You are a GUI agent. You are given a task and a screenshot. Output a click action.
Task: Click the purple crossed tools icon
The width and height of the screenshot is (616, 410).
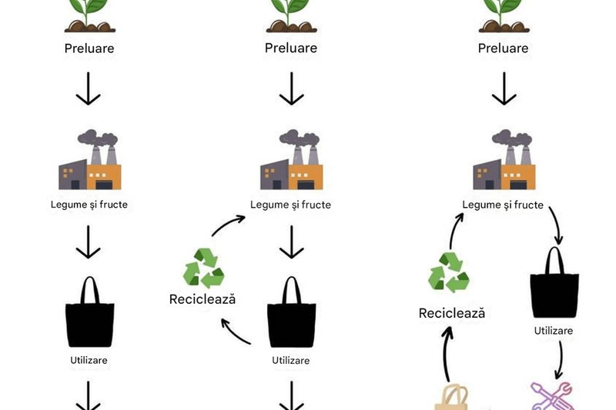pyautogui.click(x=552, y=396)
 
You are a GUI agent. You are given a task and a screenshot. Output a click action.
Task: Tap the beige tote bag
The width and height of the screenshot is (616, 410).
pyautogui.click(x=452, y=398)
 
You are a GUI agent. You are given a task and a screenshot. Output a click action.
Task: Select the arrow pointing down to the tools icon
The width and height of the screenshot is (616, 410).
pyautogui.click(x=560, y=360)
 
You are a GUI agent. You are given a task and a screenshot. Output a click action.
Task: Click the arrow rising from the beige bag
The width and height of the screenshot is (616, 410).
pyautogui.click(x=447, y=354)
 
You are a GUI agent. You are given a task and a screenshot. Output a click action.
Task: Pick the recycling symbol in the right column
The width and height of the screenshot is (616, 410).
pyautogui.click(x=449, y=272)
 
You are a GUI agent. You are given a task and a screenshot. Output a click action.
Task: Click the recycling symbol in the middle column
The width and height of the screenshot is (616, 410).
pyautogui.click(x=203, y=268)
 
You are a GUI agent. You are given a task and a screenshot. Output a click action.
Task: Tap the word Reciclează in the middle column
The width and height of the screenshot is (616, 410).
pyautogui.click(x=203, y=299)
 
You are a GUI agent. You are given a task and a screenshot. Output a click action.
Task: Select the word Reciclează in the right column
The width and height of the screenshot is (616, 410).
pyautogui.click(x=452, y=313)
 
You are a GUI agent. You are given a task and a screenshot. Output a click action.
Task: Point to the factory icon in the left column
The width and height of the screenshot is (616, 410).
pyautogui.click(x=89, y=160)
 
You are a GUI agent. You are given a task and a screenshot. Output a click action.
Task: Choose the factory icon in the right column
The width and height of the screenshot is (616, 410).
pyautogui.click(x=504, y=160)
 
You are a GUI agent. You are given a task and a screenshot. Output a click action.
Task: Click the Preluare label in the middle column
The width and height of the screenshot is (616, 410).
pyautogui.click(x=291, y=48)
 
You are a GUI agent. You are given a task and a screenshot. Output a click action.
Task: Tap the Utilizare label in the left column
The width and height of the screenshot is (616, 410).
pyautogui.click(x=89, y=360)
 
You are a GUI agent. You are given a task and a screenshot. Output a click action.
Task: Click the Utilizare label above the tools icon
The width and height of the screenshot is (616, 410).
pyautogui.click(x=554, y=331)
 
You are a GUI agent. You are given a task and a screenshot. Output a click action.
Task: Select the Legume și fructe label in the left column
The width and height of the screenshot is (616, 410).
pyautogui.click(x=89, y=205)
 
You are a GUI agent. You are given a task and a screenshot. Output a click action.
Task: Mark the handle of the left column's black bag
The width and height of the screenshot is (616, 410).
pyautogui.click(x=90, y=288)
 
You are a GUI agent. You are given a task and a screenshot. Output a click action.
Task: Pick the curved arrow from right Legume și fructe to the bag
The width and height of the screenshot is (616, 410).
pyautogui.click(x=557, y=225)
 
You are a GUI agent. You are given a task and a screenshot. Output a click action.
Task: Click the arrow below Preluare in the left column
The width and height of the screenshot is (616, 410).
pyautogui.click(x=88, y=88)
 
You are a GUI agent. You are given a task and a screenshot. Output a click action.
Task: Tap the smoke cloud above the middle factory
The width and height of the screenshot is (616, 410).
pyautogui.click(x=300, y=138)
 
